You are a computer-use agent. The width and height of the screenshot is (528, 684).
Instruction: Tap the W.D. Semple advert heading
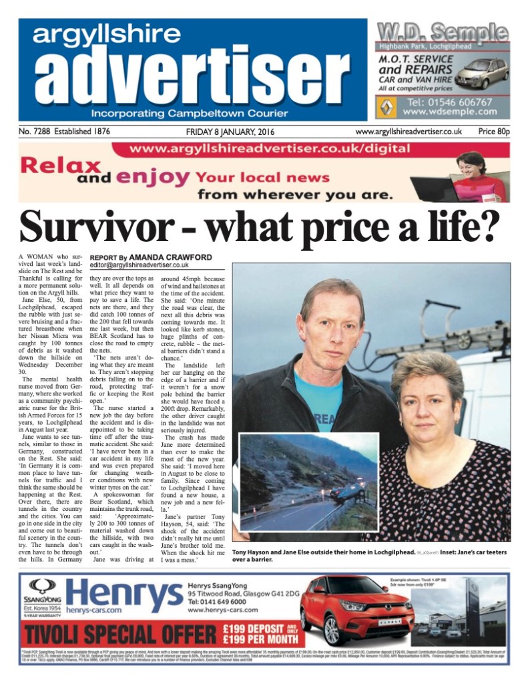point(442,31)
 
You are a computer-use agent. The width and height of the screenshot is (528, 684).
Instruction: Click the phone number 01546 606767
point(453,102)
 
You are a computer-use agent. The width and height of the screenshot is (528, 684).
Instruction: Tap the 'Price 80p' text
point(493,132)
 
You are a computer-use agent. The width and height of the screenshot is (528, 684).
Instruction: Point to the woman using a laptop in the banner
point(471,175)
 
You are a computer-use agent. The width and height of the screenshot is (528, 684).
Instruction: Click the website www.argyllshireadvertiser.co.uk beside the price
point(409,132)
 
